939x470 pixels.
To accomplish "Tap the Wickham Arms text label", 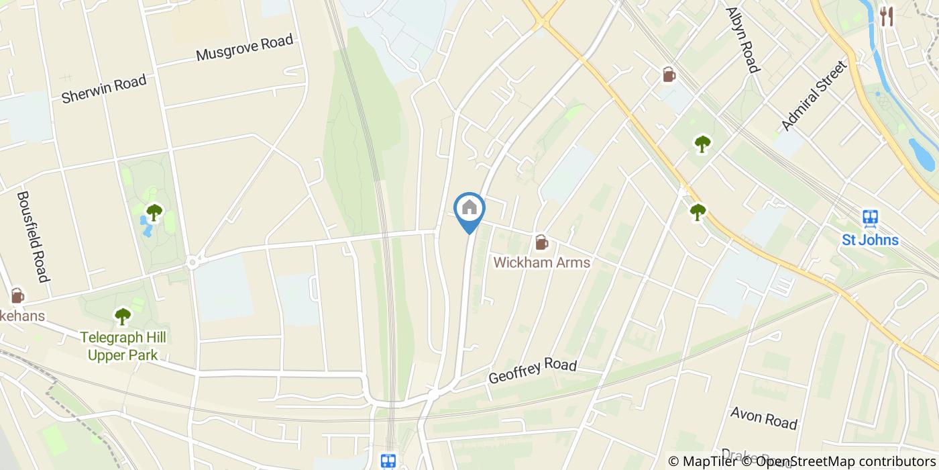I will tap(542, 262).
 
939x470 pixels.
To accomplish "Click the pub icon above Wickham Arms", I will tap(541, 242).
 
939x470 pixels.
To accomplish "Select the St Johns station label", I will tap(871, 240).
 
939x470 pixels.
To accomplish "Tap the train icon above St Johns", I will tap(871, 218).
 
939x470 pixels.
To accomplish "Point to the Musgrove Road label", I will tap(245, 48).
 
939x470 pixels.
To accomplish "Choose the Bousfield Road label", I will tap(33, 236).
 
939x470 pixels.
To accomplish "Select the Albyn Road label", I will tap(742, 40).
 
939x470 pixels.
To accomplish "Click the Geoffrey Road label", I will tap(533, 370).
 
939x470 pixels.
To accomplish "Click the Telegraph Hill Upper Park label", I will tap(123, 346).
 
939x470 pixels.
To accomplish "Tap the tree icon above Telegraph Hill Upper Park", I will tap(123, 316).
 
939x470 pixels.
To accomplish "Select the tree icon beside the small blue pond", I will tap(154, 213).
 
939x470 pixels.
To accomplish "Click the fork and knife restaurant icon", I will tap(887, 16).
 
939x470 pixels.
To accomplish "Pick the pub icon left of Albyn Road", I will tap(669, 75).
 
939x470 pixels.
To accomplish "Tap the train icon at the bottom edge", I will tap(388, 461).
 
